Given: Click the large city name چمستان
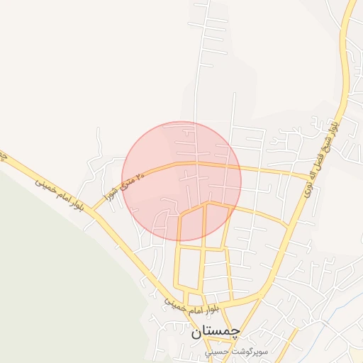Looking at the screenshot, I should click(216, 331).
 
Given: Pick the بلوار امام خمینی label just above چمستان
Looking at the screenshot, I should click(192, 308).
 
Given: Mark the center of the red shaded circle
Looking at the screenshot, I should click(181, 181).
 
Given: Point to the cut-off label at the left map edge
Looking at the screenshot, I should click(3, 155).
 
